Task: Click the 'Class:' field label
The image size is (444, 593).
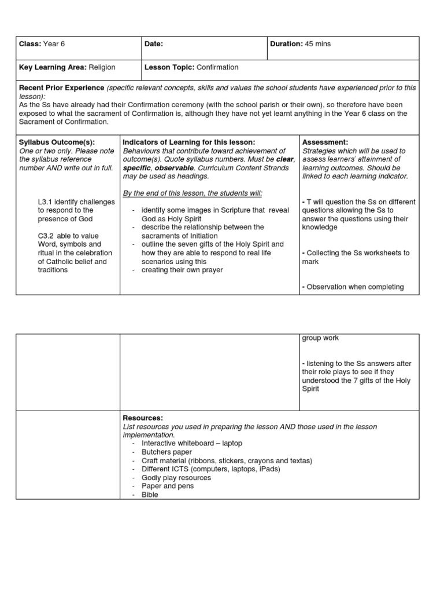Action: pos(31,44)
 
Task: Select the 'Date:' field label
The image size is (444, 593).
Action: pos(154,44)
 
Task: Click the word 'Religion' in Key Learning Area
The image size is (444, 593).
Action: pos(102,67)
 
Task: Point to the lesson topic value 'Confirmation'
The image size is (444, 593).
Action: pos(217,67)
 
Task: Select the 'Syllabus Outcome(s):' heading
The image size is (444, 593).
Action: pos(57,142)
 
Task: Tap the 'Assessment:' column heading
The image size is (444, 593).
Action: pos(325,142)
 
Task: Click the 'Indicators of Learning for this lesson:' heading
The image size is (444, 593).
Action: pos(189,142)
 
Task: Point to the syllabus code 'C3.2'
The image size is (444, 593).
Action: pos(47,236)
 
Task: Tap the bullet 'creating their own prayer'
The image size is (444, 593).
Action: pos(182,270)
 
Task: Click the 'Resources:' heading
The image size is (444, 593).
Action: pos(143,418)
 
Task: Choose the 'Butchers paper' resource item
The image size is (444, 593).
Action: pos(166,452)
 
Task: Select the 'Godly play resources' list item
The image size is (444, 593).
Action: pos(176,478)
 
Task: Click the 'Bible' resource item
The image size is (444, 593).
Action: pos(150,495)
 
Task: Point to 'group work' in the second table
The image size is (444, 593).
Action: pos(320,338)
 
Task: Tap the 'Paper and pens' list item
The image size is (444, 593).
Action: pos(168,486)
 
